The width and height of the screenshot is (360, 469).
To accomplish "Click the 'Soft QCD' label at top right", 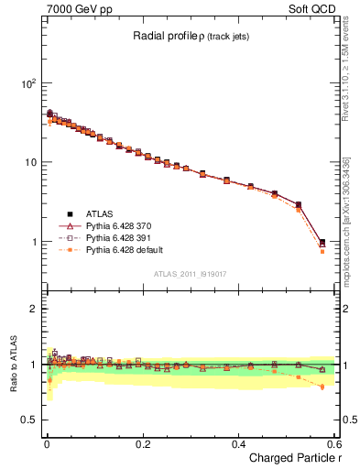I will click(312, 8).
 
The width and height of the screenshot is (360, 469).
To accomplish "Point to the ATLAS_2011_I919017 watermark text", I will click(192, 273).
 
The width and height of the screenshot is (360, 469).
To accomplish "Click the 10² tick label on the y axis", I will click(27, 83).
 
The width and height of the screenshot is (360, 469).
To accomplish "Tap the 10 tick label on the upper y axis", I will click(29, 163).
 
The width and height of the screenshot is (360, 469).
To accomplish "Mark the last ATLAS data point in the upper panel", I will click(322, 243).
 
